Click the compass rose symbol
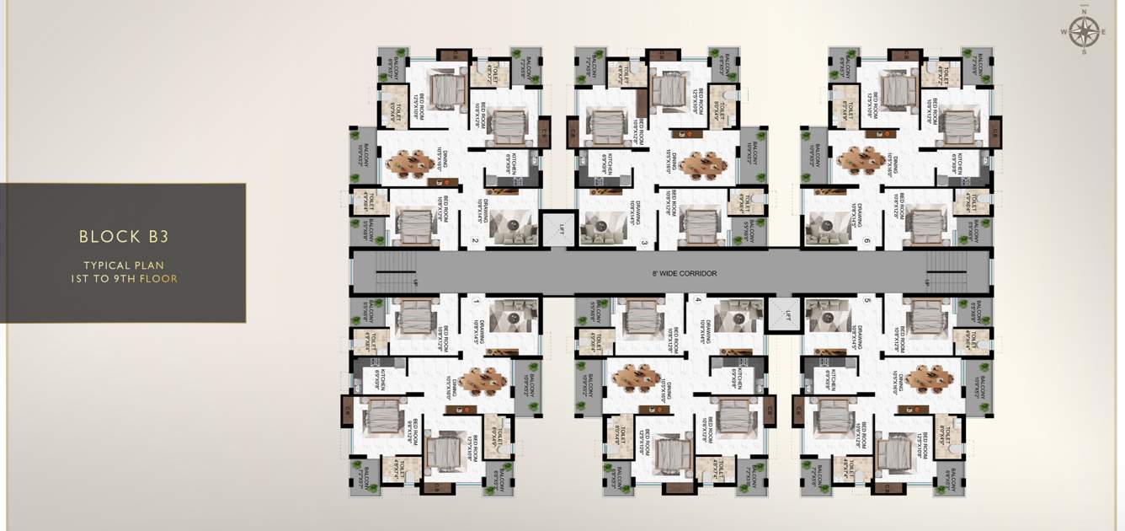pos(1085,33)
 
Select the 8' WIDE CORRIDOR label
pos(685,274)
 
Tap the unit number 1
pos(476,301)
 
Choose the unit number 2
pos(476,242)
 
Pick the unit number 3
pos(644,244)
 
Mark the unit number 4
pos(698,299)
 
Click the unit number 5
pos(866,299)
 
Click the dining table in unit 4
pos(637,378)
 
